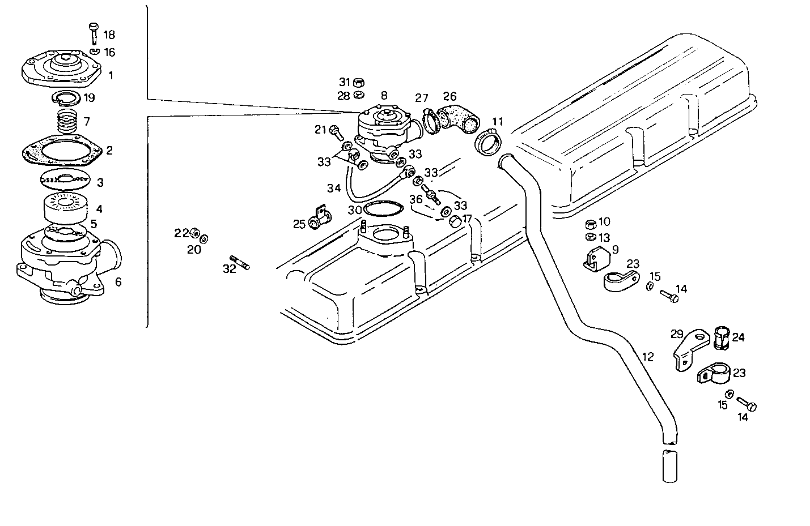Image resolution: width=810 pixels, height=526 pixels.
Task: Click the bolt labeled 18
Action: coord(94,33)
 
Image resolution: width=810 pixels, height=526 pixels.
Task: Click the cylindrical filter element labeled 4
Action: coord(65,208)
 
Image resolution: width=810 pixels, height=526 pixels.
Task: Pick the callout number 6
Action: coord(118,281)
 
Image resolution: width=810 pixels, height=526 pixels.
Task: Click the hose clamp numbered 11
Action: coord(489,142)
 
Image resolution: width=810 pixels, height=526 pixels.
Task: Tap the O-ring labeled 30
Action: coord(380,209)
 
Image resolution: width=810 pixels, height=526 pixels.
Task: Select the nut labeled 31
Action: coord(359,82)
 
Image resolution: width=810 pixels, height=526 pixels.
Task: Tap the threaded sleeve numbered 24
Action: coord(721,339)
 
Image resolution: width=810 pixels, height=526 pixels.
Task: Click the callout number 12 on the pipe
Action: coord(648,357)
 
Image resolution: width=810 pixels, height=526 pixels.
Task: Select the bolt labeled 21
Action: coord(335,131)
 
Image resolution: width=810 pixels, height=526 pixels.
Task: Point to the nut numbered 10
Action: coord(590,222)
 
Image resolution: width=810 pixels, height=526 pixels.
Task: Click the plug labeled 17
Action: coord(455,221)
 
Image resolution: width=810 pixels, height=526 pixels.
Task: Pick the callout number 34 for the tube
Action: coord(334,187)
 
